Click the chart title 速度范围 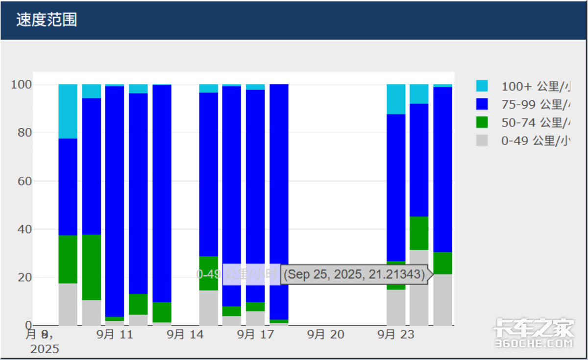(47, 20)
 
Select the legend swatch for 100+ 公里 (482, 86)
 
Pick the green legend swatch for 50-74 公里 (482, 122)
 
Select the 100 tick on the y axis (22, 85)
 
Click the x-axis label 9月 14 (185, 335)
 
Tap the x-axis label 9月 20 (326, 335)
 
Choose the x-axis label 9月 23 (396, 335)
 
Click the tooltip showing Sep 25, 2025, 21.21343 (354, 274)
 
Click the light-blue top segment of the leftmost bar (68, 111)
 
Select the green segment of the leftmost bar (68, 259)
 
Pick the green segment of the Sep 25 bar (442, 263)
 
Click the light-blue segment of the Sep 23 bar (396, 99)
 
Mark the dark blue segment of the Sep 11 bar (115, 196)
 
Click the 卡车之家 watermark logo (534, 333)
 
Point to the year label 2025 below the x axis (45, 349)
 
